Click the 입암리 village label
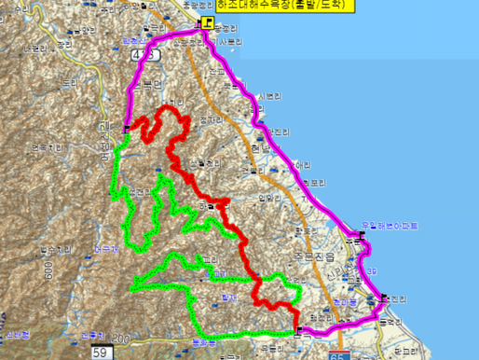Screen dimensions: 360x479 pyautogui.click(x=267, y=197)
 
